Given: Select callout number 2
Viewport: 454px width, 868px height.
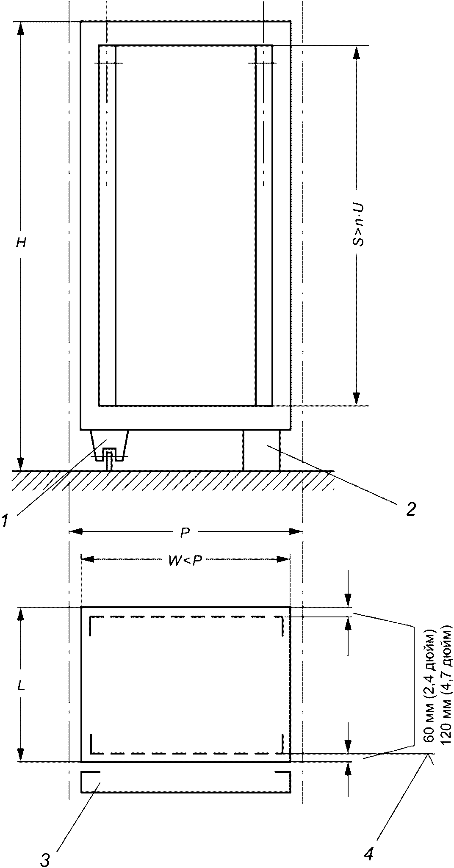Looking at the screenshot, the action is click(410, 509).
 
